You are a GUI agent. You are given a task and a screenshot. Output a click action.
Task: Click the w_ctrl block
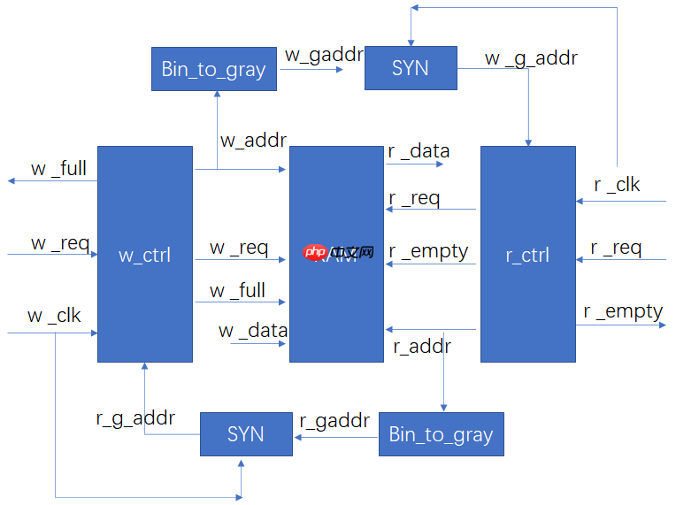click(x=144, y=254)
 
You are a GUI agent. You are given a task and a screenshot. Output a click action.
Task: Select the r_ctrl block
click(x=527, y=254)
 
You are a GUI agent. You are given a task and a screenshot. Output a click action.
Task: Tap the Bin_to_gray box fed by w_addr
click(x=213, y=69)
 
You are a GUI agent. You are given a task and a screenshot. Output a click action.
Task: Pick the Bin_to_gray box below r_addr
click(x=441, y=434)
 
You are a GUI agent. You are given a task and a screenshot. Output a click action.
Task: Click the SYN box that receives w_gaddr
click(x=411, y=68)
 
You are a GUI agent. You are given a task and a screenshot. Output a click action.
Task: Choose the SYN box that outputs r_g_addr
click(x=245, y=434)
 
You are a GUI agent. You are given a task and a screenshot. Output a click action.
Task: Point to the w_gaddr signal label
click(x=324, y=54)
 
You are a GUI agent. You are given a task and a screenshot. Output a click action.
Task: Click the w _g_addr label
click(x=531, y=58)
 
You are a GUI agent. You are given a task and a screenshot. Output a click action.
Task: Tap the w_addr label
click(x=253, y=139)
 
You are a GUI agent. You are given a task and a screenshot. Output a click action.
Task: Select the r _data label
click(x=419, y=150)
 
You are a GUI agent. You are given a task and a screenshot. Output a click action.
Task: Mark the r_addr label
click(x=422, y=346)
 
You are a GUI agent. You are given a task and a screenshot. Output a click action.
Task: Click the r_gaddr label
click(x=334, y=421)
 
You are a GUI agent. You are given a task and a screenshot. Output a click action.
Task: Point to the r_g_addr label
click(x=135, y=417)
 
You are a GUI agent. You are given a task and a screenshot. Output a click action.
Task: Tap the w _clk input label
click(x=54, y=315)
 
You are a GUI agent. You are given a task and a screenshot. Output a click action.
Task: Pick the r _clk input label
click(x=617, y=184)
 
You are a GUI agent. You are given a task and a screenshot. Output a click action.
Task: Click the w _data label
click(x=253, y=330)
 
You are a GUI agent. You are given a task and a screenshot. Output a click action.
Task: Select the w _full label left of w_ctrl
click(x=58, y=167)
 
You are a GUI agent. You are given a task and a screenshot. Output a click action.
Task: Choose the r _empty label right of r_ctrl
click(x=623, y=310)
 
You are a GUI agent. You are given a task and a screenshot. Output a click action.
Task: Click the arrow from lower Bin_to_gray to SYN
click(x=336, y=435)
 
